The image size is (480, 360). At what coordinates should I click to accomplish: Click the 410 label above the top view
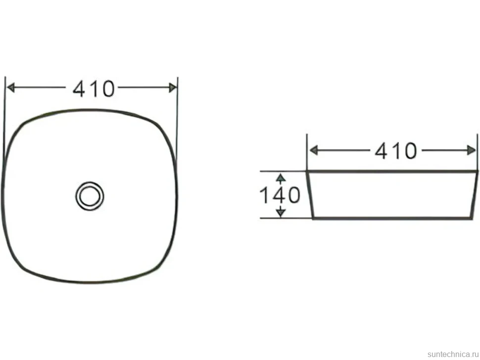click(x=94, y=89)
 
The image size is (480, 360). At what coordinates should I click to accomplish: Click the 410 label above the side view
click(x=396, y=151)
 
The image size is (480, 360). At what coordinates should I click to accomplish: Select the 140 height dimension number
click(x=280, y=195)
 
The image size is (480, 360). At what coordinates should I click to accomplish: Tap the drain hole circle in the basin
click(x=90, y=196)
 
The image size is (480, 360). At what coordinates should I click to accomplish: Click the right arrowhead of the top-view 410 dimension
click(x=173, y=88)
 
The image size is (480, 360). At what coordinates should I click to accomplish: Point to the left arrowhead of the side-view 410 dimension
click(x=314, y=150)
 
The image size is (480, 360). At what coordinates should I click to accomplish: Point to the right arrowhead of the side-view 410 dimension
click(x=472, y=150)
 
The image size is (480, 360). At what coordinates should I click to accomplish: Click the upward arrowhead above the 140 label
click(x=281, y=178)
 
